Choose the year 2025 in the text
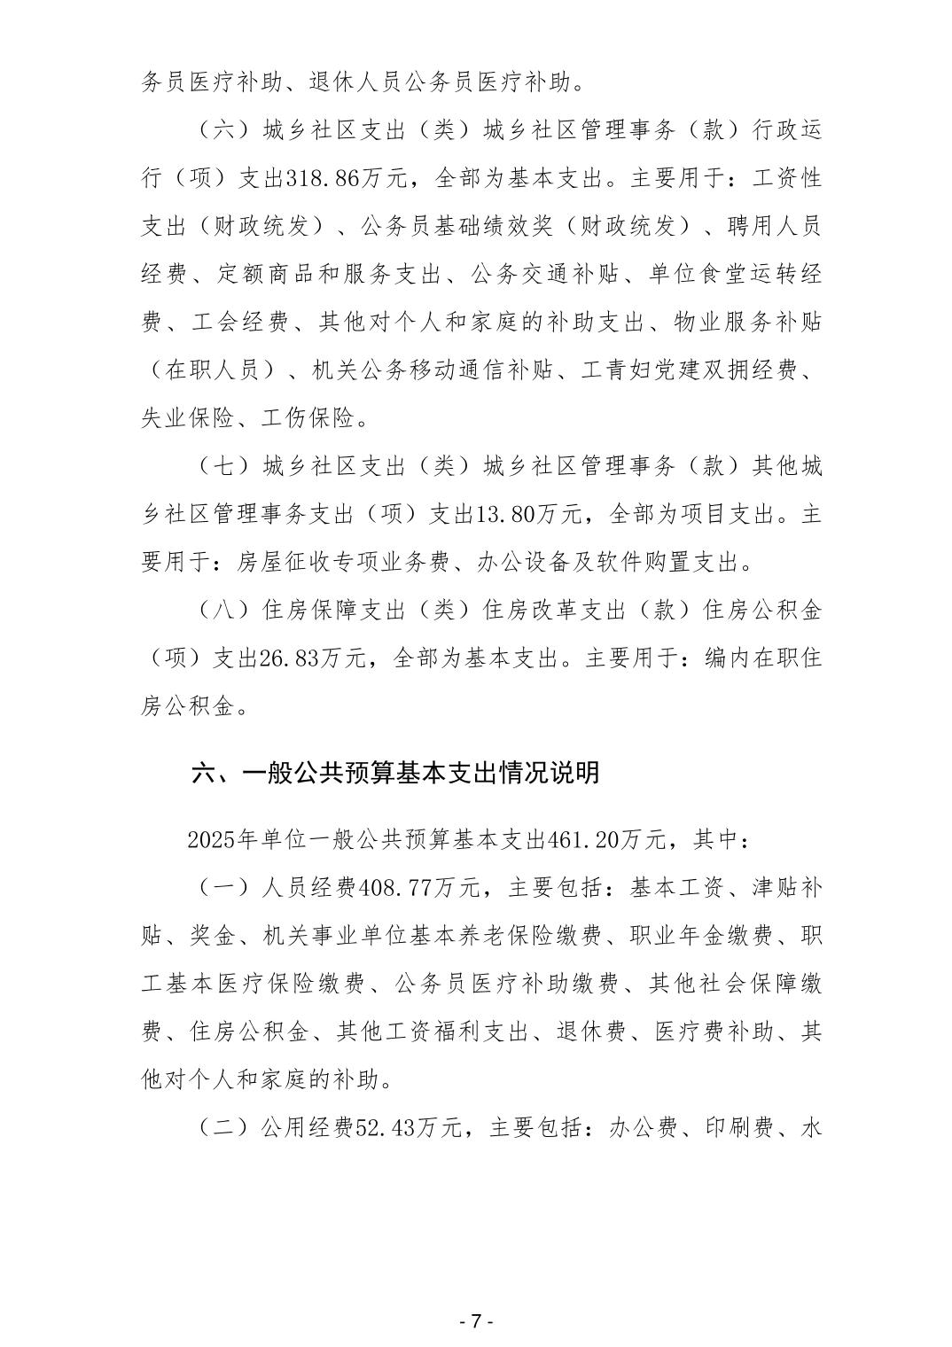coord(212,839)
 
